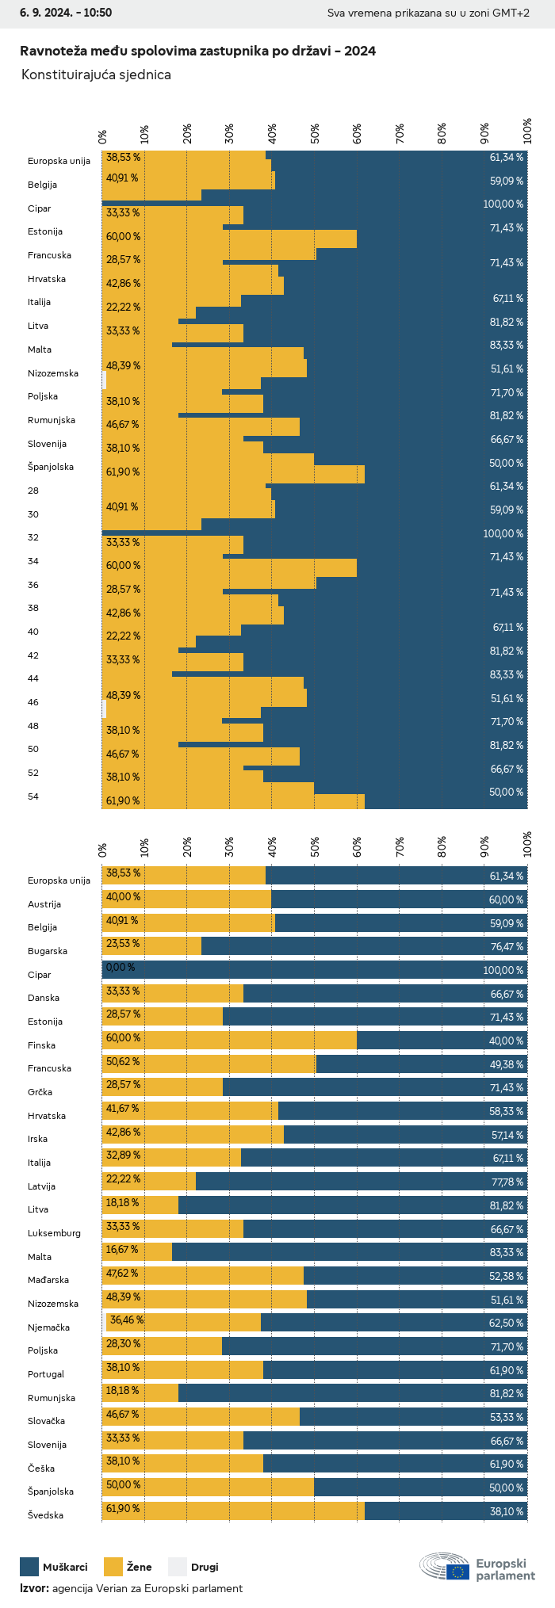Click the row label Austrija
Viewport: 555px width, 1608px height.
44,904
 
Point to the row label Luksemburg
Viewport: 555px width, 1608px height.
54,1233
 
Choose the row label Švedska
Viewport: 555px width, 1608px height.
45,1515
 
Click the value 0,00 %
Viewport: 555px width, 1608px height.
121,968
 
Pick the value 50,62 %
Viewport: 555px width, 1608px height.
123,1061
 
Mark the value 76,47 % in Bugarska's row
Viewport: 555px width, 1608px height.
507,946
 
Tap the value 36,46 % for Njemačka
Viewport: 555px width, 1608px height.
127,1320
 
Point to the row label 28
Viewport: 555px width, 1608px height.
33,491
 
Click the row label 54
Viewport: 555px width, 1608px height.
33,796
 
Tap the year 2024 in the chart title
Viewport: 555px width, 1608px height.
361,52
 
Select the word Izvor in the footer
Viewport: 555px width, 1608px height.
33,1588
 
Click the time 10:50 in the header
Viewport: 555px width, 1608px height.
97,13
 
